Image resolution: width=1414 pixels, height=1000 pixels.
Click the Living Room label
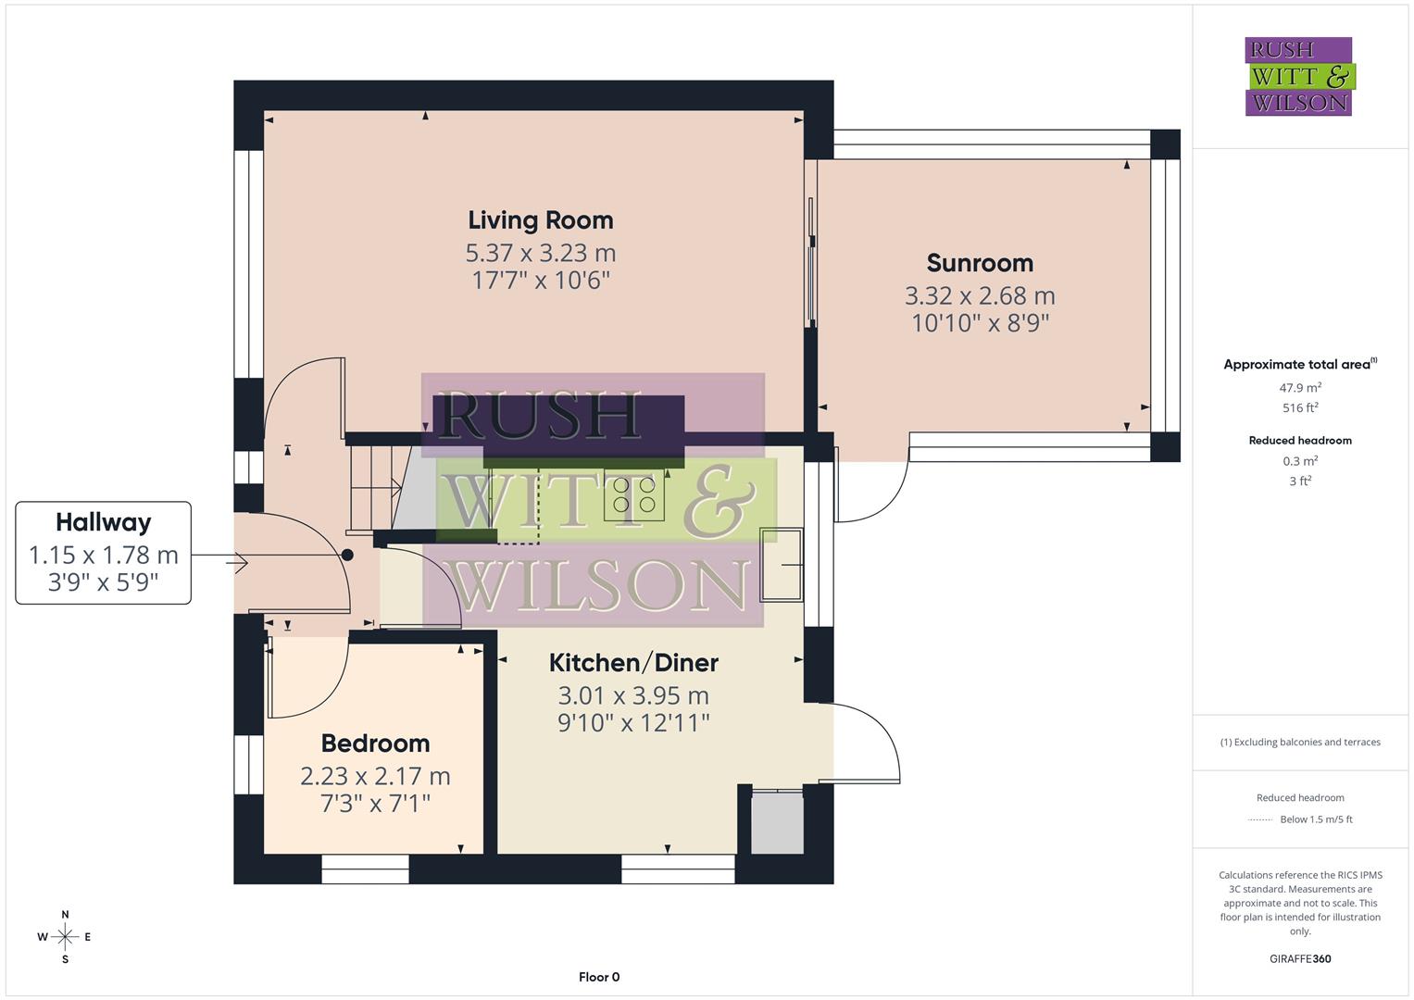[540, 220]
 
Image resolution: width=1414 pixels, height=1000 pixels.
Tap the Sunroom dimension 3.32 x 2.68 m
[980, 296]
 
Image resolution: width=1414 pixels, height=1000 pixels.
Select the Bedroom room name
[375, 744]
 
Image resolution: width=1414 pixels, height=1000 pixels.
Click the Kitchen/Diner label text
[633, 663]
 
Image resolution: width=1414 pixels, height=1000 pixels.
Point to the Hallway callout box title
[103, 522]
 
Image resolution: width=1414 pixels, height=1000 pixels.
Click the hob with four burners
[634, 494]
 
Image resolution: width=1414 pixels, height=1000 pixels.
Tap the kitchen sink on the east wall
[782, 564]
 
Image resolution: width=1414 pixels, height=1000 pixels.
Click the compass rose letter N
[65, 914]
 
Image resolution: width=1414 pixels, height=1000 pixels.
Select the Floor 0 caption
[598, 977]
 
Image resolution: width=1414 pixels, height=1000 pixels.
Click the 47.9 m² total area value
[1300, 388]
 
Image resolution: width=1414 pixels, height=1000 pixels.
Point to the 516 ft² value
[1300, 407]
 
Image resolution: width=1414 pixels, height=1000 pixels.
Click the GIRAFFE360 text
[1300, 958]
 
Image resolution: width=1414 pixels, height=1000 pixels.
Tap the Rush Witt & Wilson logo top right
[1298, 76]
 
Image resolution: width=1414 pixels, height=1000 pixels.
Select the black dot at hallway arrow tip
[347, 556]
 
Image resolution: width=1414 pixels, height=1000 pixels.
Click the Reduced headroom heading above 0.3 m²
[1300, 441]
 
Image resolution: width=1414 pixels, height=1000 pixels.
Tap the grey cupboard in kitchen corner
[777, 822]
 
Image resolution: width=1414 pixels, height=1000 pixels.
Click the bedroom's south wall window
[365, 863]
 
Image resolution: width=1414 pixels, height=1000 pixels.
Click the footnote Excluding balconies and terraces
[1300, 742]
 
